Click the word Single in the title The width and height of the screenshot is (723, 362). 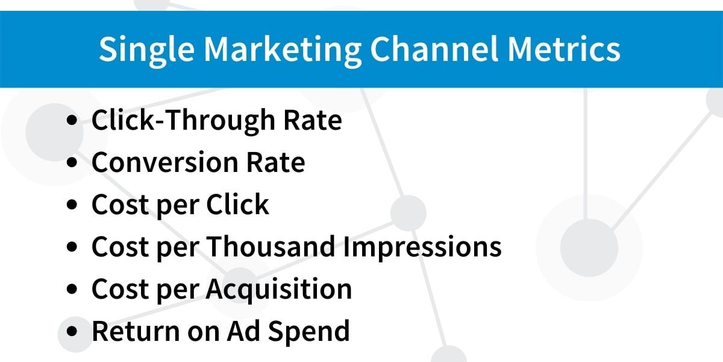146,51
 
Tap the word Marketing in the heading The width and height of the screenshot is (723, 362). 283,51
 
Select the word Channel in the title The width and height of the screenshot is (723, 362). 434,49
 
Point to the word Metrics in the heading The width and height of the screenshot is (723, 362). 564,49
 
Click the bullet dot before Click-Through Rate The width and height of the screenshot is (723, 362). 72,120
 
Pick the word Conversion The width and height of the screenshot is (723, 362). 165,162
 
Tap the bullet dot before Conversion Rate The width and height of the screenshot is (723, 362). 72,162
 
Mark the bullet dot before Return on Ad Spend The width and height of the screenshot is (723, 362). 72,331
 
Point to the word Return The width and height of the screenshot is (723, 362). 136,331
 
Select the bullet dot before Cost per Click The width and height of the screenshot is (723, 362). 72,205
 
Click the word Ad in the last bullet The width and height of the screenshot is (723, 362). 243,331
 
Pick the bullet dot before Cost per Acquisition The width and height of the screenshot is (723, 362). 72,288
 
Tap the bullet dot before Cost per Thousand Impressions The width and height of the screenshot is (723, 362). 72,247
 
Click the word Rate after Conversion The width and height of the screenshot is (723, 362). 276,162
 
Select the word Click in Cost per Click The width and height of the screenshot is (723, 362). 237,204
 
